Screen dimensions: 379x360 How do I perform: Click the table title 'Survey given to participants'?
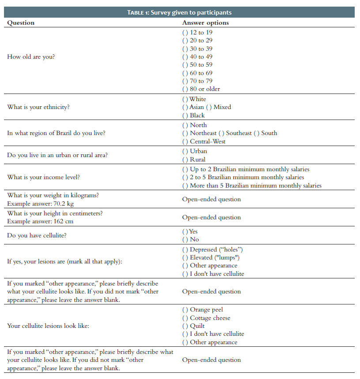point(179,12)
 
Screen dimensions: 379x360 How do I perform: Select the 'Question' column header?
point(21,23)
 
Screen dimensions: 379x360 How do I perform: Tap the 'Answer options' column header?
point(205,23)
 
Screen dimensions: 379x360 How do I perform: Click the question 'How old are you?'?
point(31,57)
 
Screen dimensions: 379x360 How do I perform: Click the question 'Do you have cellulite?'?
point(37,236)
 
